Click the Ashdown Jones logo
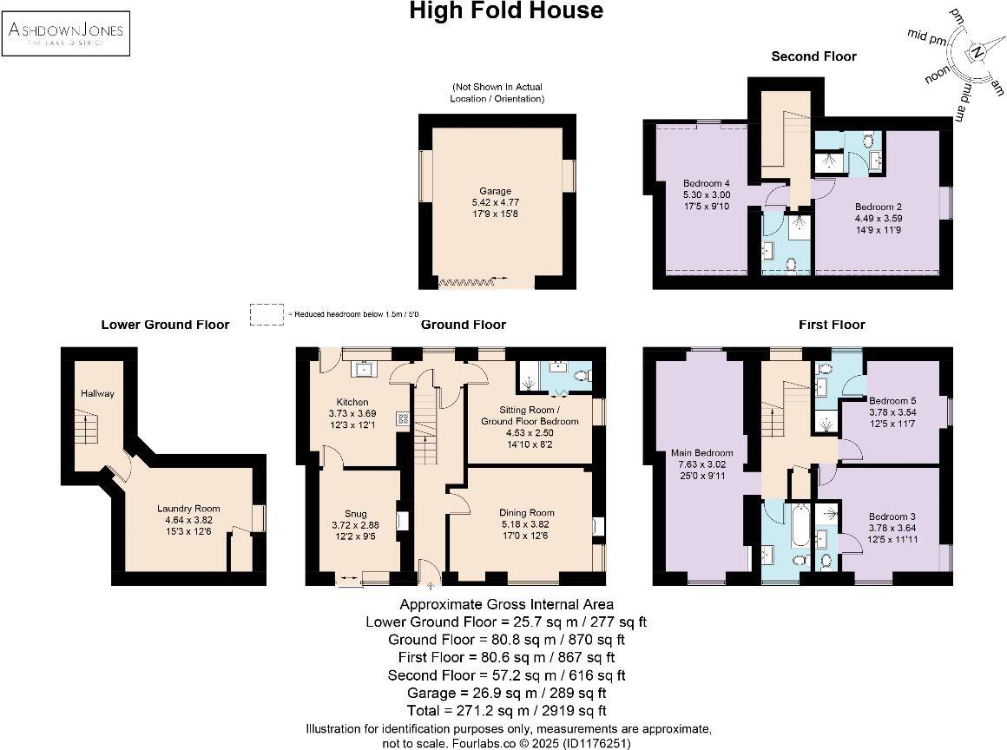[x=66, y=33]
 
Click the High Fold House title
[x=506, y=11]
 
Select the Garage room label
[x=495, y=191]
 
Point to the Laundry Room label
[x=188, y=509]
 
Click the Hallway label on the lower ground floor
[x=97, y=393]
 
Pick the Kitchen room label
[x=352, y=402]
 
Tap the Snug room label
[x=356, y=514]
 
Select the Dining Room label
[x=527, y=512]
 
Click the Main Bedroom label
[x=702, y=453]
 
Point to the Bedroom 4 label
[x=707, y=183]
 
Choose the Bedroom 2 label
[x=879, y=207]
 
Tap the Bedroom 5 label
[x=892, y=400]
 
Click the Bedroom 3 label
[x=892, y=516]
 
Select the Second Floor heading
[x=813, y=56]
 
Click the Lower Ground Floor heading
[x=165, y=325]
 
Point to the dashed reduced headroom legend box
[x=267, y=314]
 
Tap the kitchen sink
[x=365, y=369]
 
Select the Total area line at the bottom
[x=507, y=711]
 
